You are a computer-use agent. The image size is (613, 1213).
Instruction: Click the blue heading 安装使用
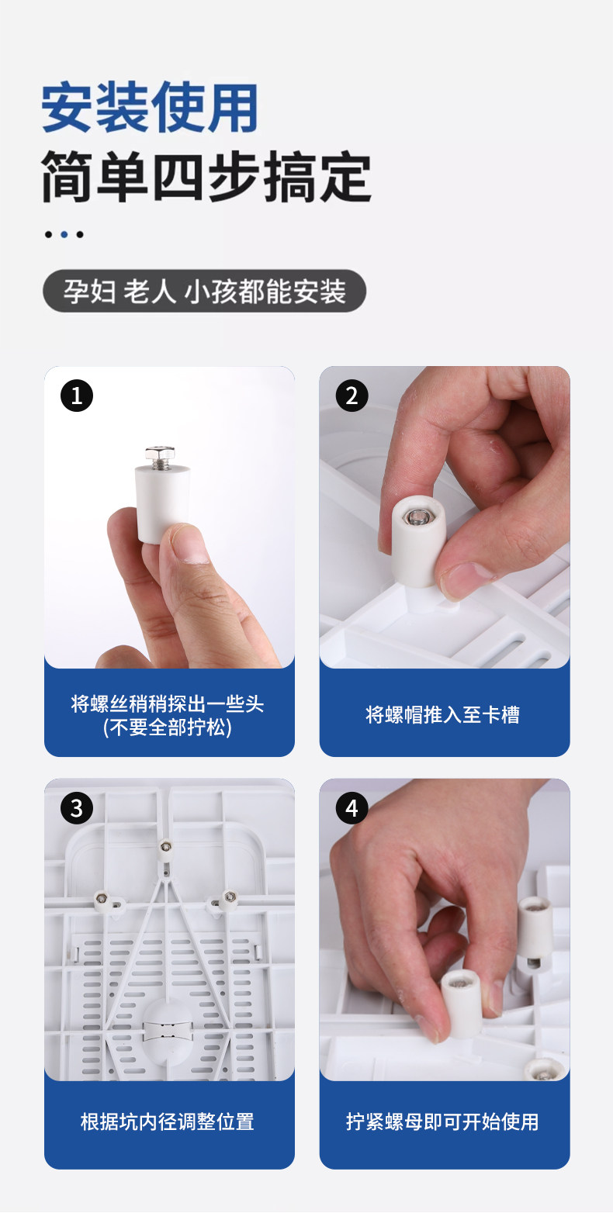point(150,107)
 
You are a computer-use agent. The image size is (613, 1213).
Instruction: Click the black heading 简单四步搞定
point(206,177)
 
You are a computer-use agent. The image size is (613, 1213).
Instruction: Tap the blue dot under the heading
point(64,234)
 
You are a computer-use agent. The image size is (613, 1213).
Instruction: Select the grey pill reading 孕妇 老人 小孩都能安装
point(204,291)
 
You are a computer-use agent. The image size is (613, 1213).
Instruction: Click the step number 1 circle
point(76,396)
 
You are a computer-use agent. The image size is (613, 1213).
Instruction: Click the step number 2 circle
point(352,396)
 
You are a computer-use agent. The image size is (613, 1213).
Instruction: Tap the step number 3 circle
point(76,808)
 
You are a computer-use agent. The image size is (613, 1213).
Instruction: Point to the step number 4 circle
point(352,808)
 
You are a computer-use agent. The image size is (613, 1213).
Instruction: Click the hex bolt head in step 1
point(160,453)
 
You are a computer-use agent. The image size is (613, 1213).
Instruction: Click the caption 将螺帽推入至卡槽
point(442,715)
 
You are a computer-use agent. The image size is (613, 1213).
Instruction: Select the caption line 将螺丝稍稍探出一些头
point(168,703)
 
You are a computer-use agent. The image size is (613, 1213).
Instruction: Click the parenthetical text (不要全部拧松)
point(168,727)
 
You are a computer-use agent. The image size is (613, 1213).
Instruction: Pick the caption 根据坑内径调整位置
point(168,1121)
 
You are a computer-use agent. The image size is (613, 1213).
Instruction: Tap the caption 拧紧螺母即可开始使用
point(442,1121)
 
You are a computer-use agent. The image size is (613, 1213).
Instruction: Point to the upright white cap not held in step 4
point(536,933)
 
